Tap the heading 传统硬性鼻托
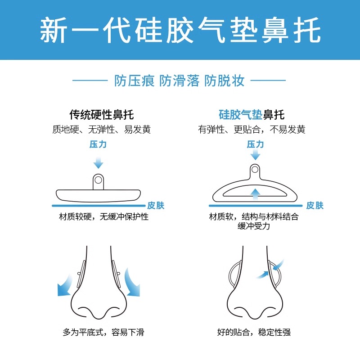[x=102, y=114]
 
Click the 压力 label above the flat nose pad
[x=98, y=144]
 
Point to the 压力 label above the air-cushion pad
[x=255, y=144]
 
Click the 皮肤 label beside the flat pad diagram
[x=156, y=206]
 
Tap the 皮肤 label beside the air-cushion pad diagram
[x=315, y=206]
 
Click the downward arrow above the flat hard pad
[x=98, y=162]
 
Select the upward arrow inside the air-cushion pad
[x=255, y=194]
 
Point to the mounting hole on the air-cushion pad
[x=255, y=170]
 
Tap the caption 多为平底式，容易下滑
[x=103, y=333]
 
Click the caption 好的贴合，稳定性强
[x=254, y=333]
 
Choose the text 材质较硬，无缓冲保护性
[x=104, y=217]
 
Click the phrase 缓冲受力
[x=254, y=226]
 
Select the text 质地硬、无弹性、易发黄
[x=101, y=130]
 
